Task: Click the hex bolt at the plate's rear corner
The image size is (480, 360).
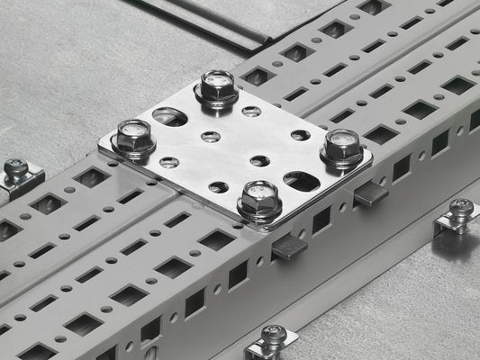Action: pos(216,88)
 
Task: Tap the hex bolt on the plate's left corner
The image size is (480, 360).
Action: pos(134,139)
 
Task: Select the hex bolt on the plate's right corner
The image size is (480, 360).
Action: pos(342,148)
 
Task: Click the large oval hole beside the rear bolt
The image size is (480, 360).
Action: pos(170,116)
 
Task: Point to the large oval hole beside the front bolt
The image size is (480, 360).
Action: pos(302,182)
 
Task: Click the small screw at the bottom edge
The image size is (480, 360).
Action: pos(274,337)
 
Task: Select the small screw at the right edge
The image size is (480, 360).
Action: pos(460,209)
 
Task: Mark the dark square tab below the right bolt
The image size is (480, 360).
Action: pos(369,192)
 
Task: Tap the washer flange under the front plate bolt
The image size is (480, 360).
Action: pos(259,214)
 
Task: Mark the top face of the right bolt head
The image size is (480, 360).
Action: pos(342,139)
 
